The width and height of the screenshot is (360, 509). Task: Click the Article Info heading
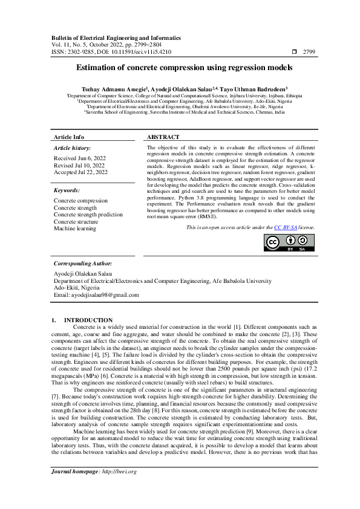click(x=70, y=137)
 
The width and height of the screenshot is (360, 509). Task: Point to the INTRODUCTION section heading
click(x=88, y=320)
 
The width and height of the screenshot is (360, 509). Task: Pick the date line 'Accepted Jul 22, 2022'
click(x=80, y=172)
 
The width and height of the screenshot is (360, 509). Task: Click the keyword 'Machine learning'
click(x=76, y=229)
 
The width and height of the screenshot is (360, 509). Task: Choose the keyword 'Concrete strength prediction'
click(x=88, y=215)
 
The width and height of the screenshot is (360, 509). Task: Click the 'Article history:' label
click(x=72, y=148)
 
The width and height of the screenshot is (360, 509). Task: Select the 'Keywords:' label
click(x=67, y=190)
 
